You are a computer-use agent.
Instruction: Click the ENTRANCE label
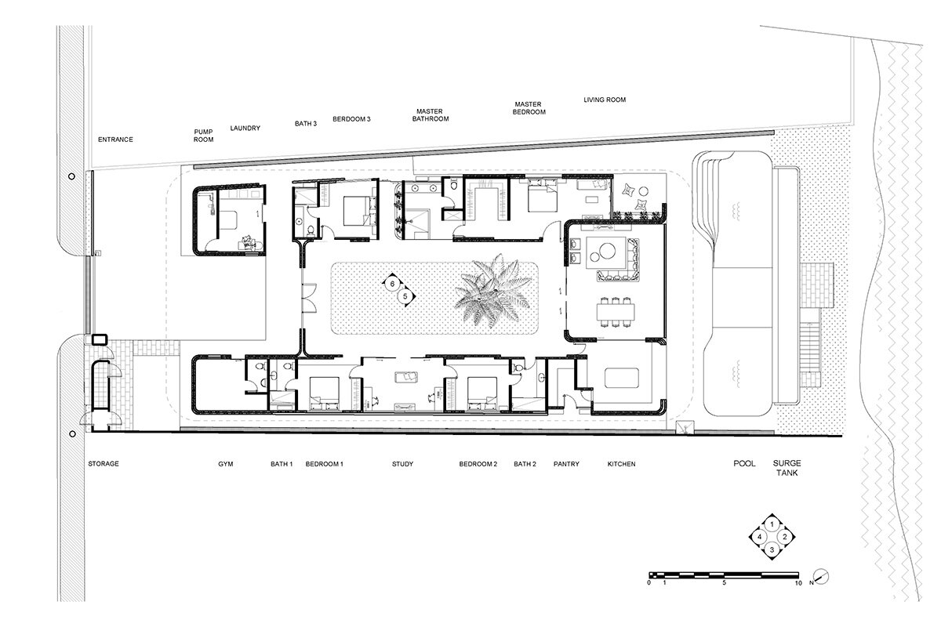point(115,140)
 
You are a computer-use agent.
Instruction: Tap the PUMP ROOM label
point(203,136)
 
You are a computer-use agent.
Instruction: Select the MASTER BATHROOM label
point(431,115)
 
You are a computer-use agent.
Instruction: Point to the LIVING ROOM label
point(605,100)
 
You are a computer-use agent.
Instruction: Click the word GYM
point(226,464)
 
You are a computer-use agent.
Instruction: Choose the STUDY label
point(402,464)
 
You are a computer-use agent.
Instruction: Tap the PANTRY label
point(566,464)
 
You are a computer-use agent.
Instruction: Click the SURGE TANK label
point(787,468)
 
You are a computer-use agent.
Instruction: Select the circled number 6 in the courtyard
point(392,284)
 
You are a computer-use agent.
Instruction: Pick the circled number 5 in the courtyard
point(405,296)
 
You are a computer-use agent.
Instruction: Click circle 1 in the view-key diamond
point(772,524)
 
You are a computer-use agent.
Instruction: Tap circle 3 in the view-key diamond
point(772,549)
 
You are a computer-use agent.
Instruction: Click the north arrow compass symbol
point(822,576)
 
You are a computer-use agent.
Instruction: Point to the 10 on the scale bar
point(798,583)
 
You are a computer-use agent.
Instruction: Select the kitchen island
point(622,379)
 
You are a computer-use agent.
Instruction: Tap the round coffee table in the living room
point(607,251)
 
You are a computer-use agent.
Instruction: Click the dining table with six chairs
point(616,312)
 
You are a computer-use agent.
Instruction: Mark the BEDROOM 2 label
point(478,464)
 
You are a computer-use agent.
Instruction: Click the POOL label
point(744,464)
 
